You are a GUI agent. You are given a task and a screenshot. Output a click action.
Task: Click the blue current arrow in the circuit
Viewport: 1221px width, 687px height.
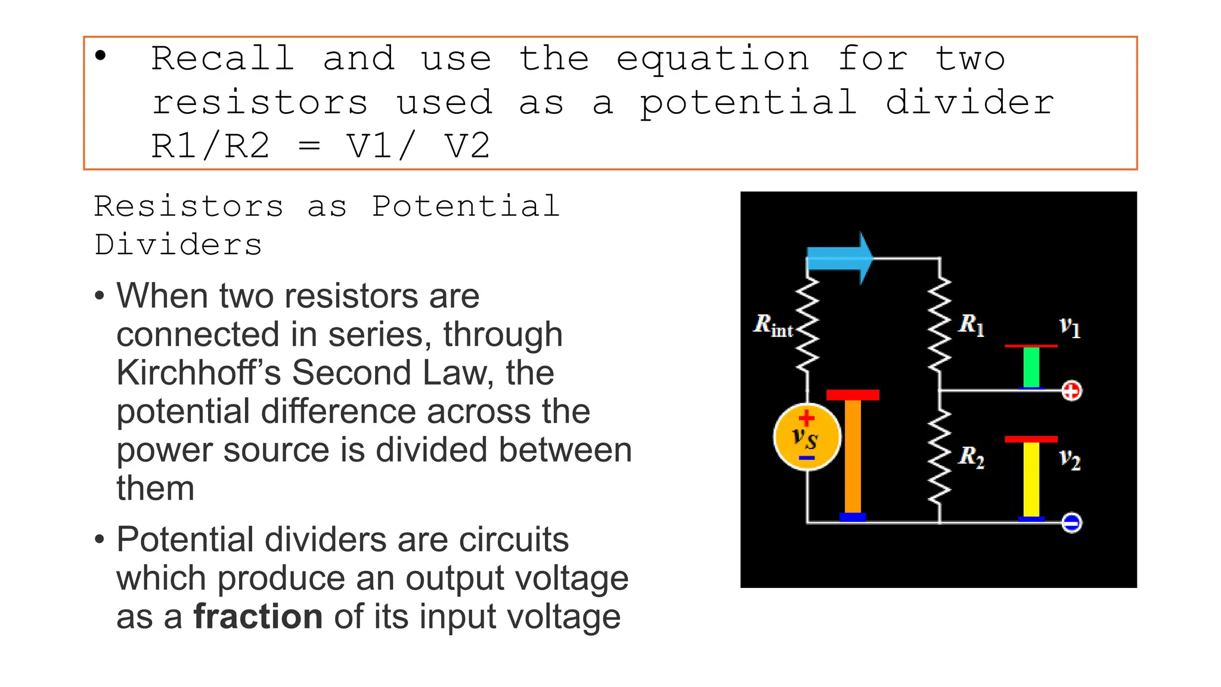pyautogui.click(x=838, y=259)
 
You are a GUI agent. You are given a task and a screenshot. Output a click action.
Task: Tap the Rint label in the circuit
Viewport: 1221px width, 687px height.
pyautogui.click(x=773, y=326)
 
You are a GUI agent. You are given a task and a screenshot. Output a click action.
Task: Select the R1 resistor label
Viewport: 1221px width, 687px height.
pyautogui.click(x=971, y=325)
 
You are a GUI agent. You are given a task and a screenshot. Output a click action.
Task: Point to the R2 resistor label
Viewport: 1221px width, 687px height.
pyautogui.click(x=971, y=457)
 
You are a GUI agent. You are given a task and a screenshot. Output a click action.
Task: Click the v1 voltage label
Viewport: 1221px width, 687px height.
pyautogui.click(x=1070, y=327)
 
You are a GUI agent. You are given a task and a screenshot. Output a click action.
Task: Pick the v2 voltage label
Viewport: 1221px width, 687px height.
pyautogui.click(x=1070, y=459)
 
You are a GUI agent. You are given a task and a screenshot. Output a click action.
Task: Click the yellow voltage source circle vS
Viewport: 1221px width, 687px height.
pyautogui.click(x=807, y=437)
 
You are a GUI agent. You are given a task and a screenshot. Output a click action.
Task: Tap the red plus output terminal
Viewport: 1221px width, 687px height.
pyautogui.click(x=1071, y=391)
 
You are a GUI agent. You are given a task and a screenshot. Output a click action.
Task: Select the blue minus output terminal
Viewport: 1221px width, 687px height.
pyautogui.click(x=1071, y=523)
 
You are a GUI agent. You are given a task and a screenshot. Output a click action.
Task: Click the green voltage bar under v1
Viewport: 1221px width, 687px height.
pyautogui.click(x=1031, y=367)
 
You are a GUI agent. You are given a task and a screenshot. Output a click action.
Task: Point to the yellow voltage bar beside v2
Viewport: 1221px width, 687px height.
pyautogui.click(x=1031, y=479)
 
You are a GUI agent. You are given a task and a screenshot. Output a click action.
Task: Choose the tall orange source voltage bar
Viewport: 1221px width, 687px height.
pyautogui.click(x=853, y=456)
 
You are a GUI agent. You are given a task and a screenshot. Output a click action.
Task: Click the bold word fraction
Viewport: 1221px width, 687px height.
pyautogui.click(x=258, y=617)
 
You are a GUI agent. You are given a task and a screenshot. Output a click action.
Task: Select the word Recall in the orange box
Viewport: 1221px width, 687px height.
pyautogui.click(x=222, y=59)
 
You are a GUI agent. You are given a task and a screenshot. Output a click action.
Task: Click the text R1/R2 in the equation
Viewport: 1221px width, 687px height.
pyautogui.click(x=210, y=146)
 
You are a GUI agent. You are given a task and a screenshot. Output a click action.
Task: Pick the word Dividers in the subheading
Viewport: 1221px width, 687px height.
pyautogui.click(x=178, y=245)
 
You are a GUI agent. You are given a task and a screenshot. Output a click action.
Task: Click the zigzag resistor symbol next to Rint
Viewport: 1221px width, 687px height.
pyautogui.click(x=807, y=324)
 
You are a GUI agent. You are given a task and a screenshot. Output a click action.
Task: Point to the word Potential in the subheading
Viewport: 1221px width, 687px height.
pyautogui.click(x=466, y=206)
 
